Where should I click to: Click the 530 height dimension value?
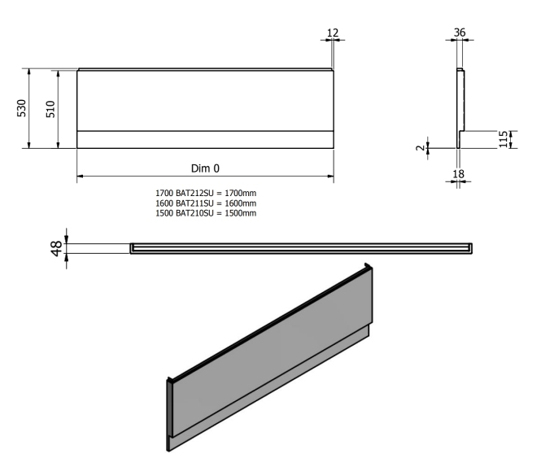[x=22, y=108]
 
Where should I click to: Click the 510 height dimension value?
[x=51, y=108]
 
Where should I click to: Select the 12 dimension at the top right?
[x=332, y=33]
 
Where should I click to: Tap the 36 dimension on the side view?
[x=460, y=33]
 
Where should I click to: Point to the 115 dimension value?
[x=504, y=138]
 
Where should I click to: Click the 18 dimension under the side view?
[x=458, y=173]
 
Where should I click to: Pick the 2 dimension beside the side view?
[x=419, y=148]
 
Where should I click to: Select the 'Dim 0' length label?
[x=205, y=169]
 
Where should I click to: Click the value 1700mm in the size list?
[x=241, y=192]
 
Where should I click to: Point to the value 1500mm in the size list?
[x=241, y=213]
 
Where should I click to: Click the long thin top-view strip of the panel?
[x=301, y=247]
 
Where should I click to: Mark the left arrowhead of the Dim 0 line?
[x=81, y=177]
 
